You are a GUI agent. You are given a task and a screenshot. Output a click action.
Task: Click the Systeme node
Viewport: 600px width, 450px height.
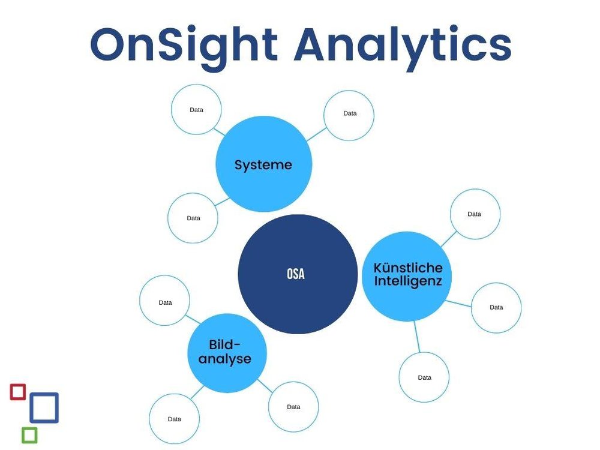coord(263,164)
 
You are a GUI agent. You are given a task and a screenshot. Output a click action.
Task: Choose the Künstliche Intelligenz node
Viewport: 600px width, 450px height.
coord(407,275)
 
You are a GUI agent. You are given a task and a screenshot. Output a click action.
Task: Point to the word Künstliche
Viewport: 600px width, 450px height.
coord(407,268)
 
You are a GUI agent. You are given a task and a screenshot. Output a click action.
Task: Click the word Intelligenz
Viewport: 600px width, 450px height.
coord(407,281)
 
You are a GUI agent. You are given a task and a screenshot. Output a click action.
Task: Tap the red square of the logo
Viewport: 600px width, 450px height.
coord(18,392)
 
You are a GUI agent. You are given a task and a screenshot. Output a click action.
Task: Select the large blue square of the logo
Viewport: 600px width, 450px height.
coord(44,408)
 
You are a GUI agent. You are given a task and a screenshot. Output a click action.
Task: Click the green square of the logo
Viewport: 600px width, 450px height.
coord(29,434)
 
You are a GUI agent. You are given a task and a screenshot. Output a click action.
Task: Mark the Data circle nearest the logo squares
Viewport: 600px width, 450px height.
coord(174,418)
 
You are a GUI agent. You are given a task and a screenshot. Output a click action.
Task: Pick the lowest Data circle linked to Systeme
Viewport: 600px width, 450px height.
coord(193,218)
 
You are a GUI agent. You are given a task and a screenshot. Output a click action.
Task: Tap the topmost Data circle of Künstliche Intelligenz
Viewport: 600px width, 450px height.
coord(475,214)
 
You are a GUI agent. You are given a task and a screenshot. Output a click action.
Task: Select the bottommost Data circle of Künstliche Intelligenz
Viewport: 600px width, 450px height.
coord(424,377)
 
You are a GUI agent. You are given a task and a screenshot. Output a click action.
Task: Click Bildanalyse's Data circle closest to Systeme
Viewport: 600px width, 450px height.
coord(165,302)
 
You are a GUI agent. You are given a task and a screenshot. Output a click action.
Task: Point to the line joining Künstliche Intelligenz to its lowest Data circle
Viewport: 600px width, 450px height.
coord(418,337)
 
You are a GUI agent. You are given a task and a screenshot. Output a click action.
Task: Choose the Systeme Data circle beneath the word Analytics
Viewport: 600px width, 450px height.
coord(349,115)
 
